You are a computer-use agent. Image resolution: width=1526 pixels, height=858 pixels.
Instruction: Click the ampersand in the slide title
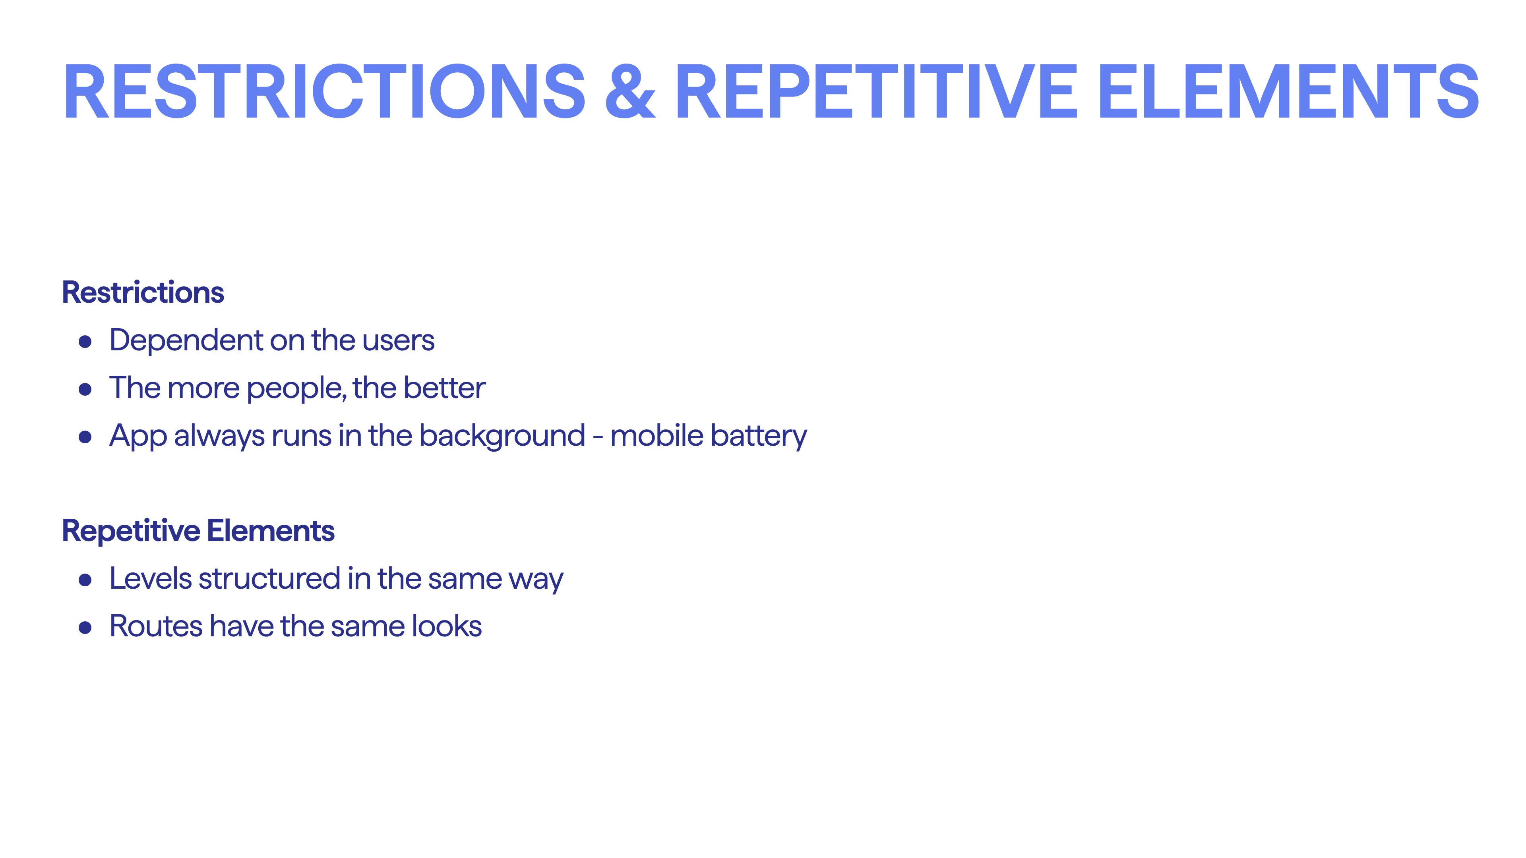630,91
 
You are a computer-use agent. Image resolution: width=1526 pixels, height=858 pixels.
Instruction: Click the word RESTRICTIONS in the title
324,91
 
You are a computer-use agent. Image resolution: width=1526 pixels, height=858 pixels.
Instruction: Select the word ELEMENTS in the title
1289,91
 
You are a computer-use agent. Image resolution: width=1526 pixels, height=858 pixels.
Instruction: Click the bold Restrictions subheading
143,292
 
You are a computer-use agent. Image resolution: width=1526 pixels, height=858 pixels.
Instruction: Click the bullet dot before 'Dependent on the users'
85,341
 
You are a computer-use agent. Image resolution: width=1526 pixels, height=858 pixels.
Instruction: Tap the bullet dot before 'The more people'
85,389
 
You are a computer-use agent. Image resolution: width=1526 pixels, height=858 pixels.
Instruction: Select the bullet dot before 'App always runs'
85,437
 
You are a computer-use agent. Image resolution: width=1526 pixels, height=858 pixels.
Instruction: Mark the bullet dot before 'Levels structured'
85,580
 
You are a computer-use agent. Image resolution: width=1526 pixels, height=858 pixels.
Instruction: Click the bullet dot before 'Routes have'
85,628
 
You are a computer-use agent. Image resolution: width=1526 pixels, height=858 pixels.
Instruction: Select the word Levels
151,578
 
